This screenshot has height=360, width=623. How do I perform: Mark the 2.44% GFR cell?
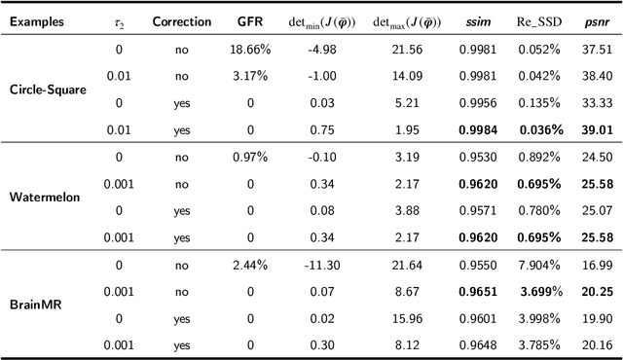[249, 263]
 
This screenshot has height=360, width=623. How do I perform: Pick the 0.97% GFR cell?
[249, 156]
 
